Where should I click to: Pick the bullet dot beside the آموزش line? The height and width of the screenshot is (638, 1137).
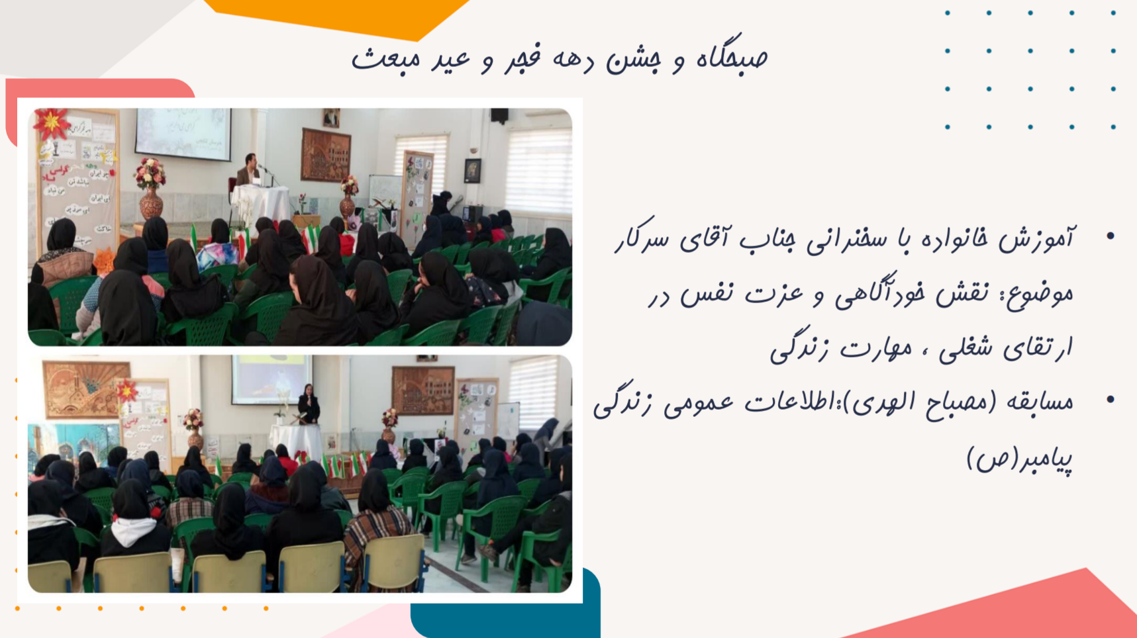coord(1111,236)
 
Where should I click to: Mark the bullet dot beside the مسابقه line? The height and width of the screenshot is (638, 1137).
coord(1111,399)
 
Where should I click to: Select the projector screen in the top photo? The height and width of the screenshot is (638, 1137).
coord(183,134)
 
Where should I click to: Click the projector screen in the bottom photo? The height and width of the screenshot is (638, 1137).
coord(272,379)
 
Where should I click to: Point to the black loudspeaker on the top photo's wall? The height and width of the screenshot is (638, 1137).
coord(499,116)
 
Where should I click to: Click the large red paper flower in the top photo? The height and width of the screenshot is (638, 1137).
coord(51,124)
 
